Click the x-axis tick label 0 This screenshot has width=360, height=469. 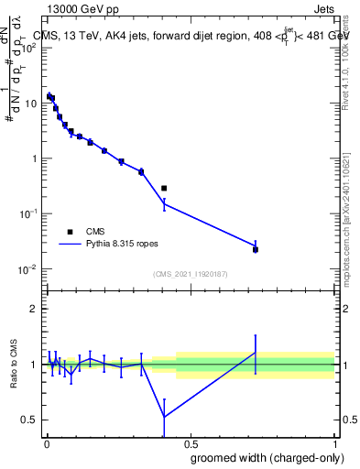pos(46,443)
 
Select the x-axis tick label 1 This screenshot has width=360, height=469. pos(335,443)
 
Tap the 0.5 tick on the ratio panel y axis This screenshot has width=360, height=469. pos(29,420)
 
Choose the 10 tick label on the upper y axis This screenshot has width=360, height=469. pos(30,103)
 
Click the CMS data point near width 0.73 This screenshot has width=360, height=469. pos(256,249)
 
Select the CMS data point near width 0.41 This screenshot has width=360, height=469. pos(164,188)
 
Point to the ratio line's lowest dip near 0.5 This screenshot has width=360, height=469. pos(164,417)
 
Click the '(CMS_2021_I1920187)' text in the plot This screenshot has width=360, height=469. pos(190,274)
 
